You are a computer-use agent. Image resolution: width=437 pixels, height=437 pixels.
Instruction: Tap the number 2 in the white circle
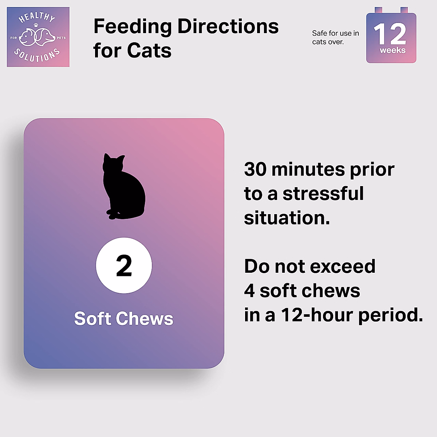124,265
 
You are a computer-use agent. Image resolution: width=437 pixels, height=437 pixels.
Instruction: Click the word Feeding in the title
133,27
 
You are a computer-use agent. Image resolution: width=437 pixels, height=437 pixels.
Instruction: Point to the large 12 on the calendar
390,34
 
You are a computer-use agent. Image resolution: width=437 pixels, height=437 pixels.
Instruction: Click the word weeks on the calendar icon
393,50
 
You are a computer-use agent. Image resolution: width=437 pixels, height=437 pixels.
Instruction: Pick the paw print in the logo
36,25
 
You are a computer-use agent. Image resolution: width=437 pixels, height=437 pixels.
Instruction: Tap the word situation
287,218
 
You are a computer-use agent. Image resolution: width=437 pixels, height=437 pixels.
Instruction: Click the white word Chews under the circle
145,318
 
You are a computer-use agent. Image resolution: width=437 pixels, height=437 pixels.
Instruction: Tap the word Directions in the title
228,27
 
